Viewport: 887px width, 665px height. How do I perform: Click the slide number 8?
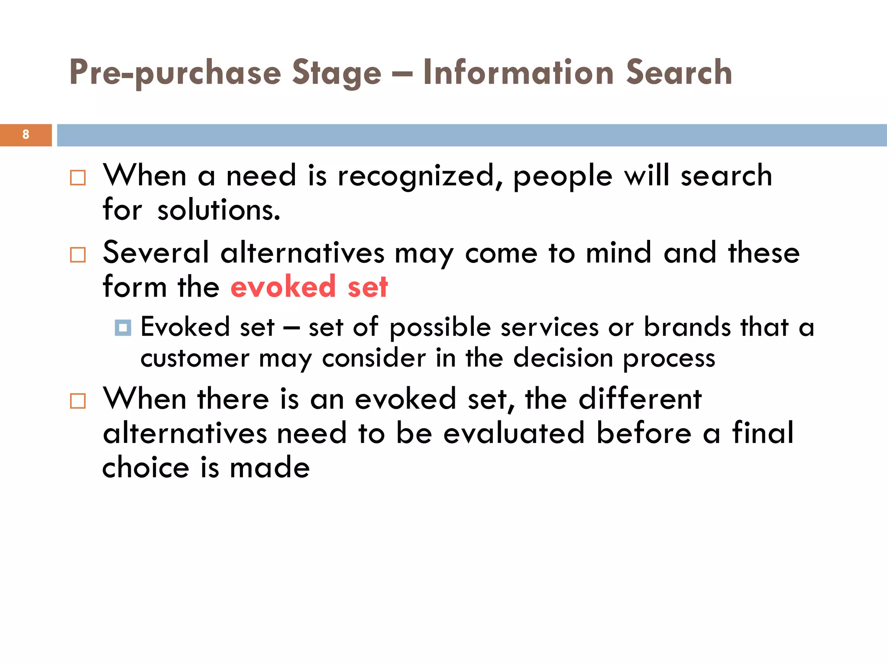click(26, 135)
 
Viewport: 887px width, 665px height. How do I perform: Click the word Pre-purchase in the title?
click(175, 73)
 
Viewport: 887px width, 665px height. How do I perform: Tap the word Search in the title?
click(679, 72)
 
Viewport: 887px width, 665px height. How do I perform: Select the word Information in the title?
click(518, 72)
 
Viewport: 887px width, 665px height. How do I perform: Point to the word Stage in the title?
click(337, 73)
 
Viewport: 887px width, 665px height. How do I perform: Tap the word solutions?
click(219, 210)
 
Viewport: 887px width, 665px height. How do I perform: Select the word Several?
click(156, 252)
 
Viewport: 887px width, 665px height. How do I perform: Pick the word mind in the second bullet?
click(618, 252)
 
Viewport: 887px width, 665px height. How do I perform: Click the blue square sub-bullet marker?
click(123, 328)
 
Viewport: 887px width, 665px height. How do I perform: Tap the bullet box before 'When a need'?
click(78, 178)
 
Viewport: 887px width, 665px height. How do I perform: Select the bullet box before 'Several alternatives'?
click(78, 255)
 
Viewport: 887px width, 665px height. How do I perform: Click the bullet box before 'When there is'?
click(78, 401)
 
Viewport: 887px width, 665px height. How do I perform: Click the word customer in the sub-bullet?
click(195, 358)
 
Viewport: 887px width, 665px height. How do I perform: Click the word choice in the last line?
click(146, 468)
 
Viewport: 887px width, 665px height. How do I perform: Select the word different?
click(640, 399)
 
